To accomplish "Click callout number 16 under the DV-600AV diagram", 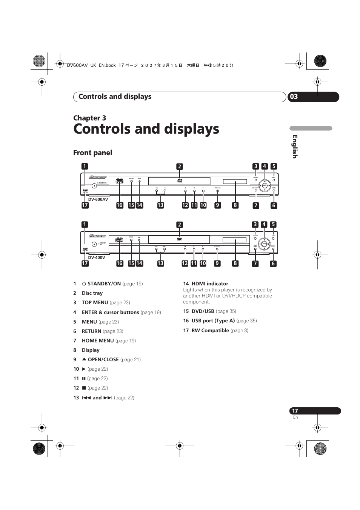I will pos(120,205).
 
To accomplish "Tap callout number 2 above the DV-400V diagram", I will pos(180,225).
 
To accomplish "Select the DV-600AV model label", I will pos(98,199).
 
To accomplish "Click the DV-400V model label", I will pos(97,257).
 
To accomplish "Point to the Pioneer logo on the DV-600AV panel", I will pos(98,177).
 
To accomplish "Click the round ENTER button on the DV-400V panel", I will pos(264,244).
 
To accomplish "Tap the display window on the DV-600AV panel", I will pos(235,182).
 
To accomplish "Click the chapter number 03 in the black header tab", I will pos(294,97).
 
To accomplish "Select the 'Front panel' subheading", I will pos(92,153).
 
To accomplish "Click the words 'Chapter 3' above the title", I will pos(89,118).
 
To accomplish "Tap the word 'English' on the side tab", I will pos(295,146).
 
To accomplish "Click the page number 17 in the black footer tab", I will pos(295,411).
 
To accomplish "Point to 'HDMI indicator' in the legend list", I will pos(210,284).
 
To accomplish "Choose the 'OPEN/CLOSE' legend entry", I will pos(103,359).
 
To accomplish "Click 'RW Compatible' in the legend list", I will pos(210,330).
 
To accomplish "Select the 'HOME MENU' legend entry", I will pos(98,341).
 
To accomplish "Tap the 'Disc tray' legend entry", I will pos(92,293).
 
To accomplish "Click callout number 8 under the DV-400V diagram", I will pos(235,263).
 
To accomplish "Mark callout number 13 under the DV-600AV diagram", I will pos(160,205).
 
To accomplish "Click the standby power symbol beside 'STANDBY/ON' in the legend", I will pos(84,284).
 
